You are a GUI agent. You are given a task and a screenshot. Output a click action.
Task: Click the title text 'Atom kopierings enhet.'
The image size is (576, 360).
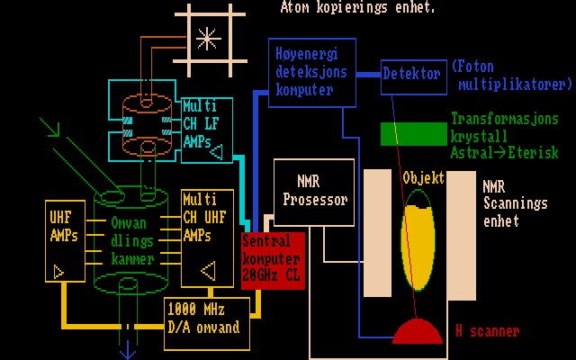click(x=358, y=8)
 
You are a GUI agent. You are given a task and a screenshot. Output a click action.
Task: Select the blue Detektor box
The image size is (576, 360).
click(x=412, y=75)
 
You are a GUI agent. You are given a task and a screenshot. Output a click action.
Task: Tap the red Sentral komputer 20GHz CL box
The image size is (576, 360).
click(x=273, y=260)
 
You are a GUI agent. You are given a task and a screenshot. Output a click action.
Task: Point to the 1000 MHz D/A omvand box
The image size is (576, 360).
click(x=206, y=319)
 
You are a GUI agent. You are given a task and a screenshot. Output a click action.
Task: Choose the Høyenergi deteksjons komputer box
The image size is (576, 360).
click(x=312, y=73)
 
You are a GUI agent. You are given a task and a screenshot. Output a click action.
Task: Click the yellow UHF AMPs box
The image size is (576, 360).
click(x=64, y=242)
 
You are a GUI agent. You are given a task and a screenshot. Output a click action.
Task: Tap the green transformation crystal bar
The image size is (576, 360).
click(x=413, y=134)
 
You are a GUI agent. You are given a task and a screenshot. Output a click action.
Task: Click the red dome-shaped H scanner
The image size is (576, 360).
click(x=418, y=332)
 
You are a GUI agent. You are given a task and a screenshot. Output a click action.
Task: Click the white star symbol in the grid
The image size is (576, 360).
click(x=208, y=38)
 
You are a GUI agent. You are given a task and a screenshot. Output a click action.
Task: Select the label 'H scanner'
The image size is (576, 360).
click(x=487, y=331)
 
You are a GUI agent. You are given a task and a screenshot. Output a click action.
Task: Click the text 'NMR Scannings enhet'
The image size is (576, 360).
click(x=514, y=203)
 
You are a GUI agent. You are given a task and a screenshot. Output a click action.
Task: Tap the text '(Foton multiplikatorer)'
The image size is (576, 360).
click(x=511, y=76)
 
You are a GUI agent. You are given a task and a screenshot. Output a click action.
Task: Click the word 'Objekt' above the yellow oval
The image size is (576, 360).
click(x=423, y=177)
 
